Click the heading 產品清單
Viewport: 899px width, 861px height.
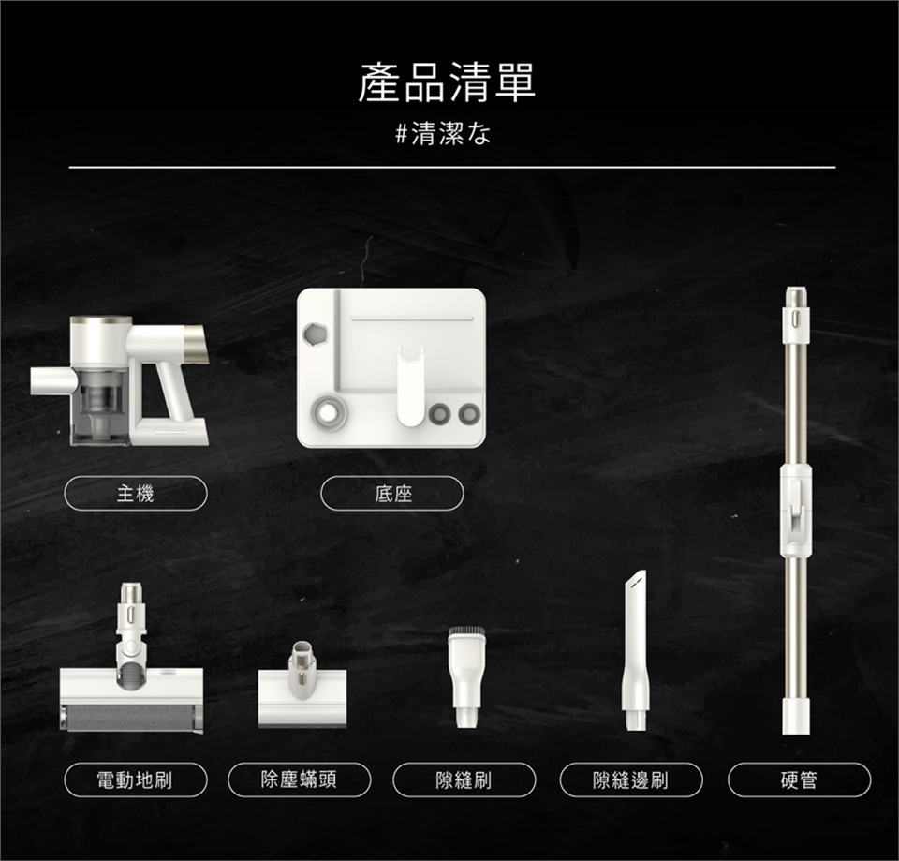click(447, 82)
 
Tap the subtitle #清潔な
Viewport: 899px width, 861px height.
click(443, 134)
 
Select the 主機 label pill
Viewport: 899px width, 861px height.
click(135, 494)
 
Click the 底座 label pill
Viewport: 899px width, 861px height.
click(392, 494)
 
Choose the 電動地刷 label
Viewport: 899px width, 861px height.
click(135, 780)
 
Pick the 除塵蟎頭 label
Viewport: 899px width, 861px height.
click(300, 780)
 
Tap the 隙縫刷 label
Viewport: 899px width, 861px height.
click(464, 780)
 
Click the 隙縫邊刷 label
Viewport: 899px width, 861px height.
click(631, 780)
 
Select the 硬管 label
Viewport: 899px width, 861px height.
click(799, 780)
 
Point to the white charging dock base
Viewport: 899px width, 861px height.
click(391, 367)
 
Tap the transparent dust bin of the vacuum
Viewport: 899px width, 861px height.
click(100, 406)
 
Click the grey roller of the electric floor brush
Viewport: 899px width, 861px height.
click(131, 718)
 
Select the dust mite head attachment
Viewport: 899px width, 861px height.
click(302, 686)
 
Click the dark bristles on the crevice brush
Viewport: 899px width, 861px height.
click(466, 631)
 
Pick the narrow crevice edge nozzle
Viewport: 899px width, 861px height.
click(636, 650)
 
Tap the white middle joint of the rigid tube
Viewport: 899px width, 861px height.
click(796, 511)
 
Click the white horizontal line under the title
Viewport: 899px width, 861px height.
click(452, 168)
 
